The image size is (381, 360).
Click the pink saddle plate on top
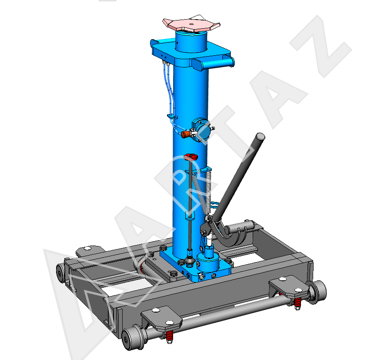click(191, 23)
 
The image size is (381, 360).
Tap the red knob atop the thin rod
click(190, 157)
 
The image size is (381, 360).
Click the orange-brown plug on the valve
click(185, 134)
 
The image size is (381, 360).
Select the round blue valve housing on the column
click(201, 130)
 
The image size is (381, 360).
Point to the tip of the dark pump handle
click(261, 136)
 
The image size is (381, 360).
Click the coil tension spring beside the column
click(202, 192)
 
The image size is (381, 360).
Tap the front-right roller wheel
click(317, 292)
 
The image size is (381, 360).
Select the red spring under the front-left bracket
click(169, 336)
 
